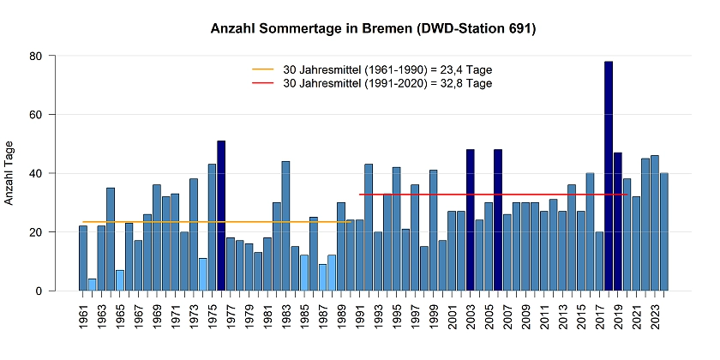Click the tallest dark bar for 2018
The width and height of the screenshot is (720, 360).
609,176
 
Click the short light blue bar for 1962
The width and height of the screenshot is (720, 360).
93,285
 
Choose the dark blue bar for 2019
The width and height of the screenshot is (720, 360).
618,222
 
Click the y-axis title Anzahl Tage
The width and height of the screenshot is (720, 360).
10,173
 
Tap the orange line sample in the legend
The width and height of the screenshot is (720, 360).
263,69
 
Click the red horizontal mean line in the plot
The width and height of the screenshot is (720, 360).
429,195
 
